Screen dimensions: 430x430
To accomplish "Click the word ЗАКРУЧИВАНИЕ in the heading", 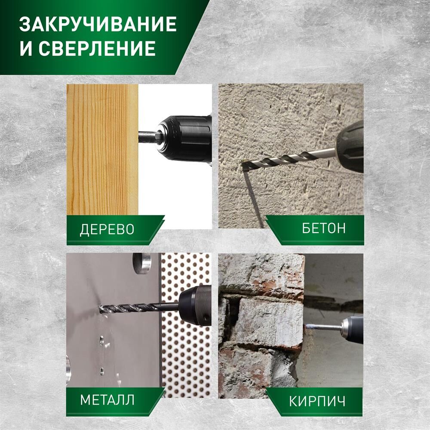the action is [x=98, y=24].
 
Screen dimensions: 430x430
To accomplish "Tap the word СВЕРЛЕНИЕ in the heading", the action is [x=97, y=48].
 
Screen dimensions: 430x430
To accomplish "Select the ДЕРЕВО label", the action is [x=107, y=229].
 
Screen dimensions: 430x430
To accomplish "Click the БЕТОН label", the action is [x=324, y=228].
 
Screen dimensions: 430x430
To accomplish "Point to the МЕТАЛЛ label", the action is [x=107, y=400].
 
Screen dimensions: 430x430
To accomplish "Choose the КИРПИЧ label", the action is [x=317, y=402].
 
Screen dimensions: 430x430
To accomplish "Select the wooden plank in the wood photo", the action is [x=102, y=150].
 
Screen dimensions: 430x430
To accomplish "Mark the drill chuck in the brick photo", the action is [x=353, y=329].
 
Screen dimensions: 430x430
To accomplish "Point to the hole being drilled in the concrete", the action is [x=244, y=163].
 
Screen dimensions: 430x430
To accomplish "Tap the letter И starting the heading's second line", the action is [x=26, y=49].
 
